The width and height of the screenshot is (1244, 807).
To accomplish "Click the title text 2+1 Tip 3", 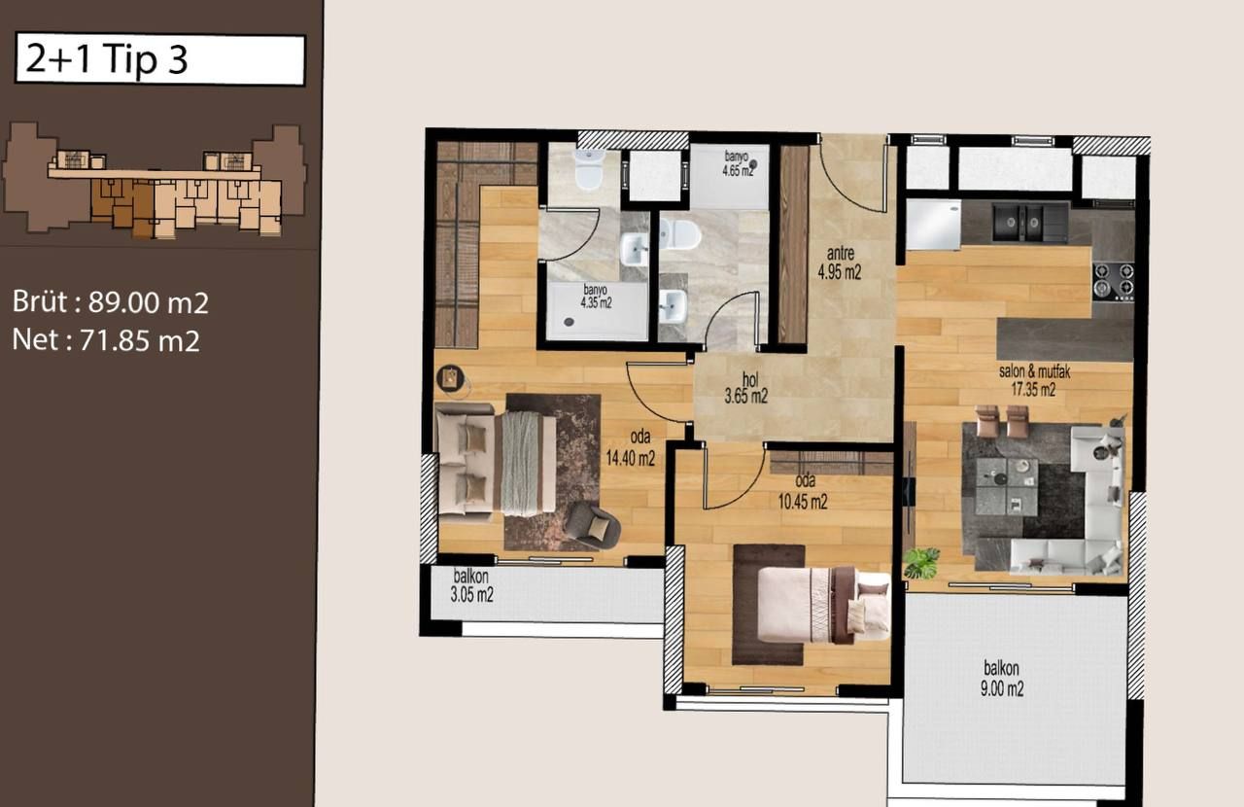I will pos(107,60).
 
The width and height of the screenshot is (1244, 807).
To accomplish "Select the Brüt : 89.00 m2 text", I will pos(111,302).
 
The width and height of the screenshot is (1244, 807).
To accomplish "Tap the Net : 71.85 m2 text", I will pos(107,340).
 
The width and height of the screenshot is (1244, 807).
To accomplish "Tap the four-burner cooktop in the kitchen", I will pos(1113,281).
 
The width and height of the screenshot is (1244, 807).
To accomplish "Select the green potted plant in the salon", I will pos(920,562).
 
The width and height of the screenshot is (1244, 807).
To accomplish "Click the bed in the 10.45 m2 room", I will pos(822,605).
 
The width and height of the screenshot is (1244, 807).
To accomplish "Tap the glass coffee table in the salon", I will pos(1006,486).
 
